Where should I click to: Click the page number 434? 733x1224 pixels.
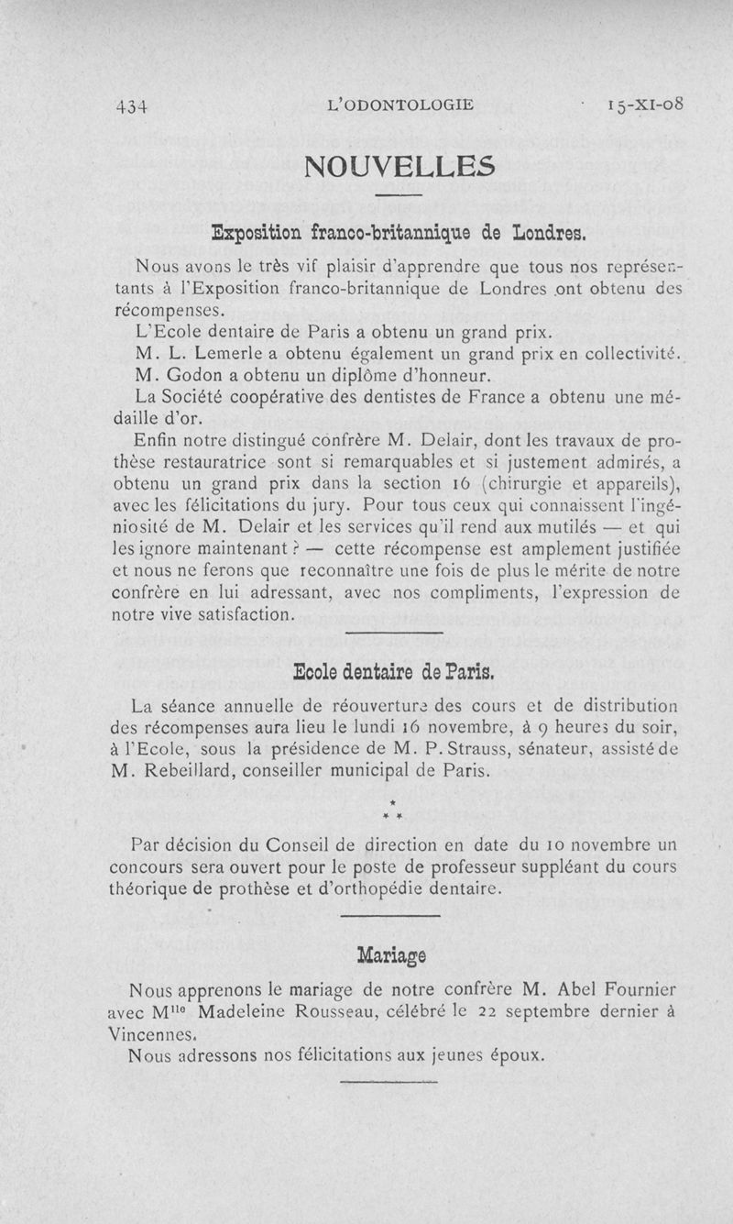click(x=132, y=105)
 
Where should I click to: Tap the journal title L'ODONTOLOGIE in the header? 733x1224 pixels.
click(x=400, y=105)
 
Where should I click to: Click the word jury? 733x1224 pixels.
click(x=329, y=505)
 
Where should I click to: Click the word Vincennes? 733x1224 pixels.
click(x=150, y=1034)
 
